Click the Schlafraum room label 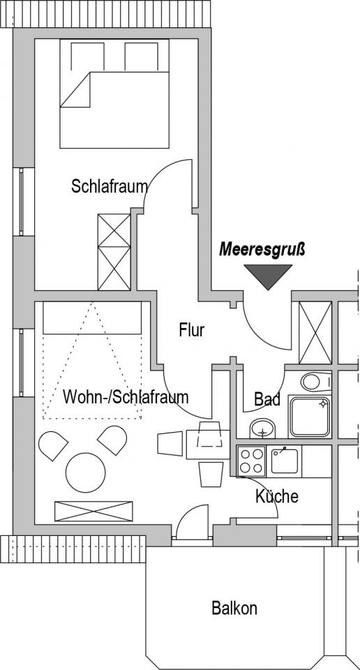[110, 187]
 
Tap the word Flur [192, 330]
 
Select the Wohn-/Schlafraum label [126, 396]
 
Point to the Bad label [267, 399]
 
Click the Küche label [277, 496]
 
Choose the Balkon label [234, 608]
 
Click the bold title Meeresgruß [262, 250]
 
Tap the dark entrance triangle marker [268, 276]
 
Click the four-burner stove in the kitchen [251, 461]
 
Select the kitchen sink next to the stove [285, 461]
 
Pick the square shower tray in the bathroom [310, 417]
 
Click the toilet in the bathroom [316, 382]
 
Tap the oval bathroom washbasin [262, 428]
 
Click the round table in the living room [85, 472]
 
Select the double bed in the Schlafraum [114, 94]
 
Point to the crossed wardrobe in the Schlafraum [114, 252]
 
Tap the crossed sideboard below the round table [93, 512]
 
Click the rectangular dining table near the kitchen [208, 445]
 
